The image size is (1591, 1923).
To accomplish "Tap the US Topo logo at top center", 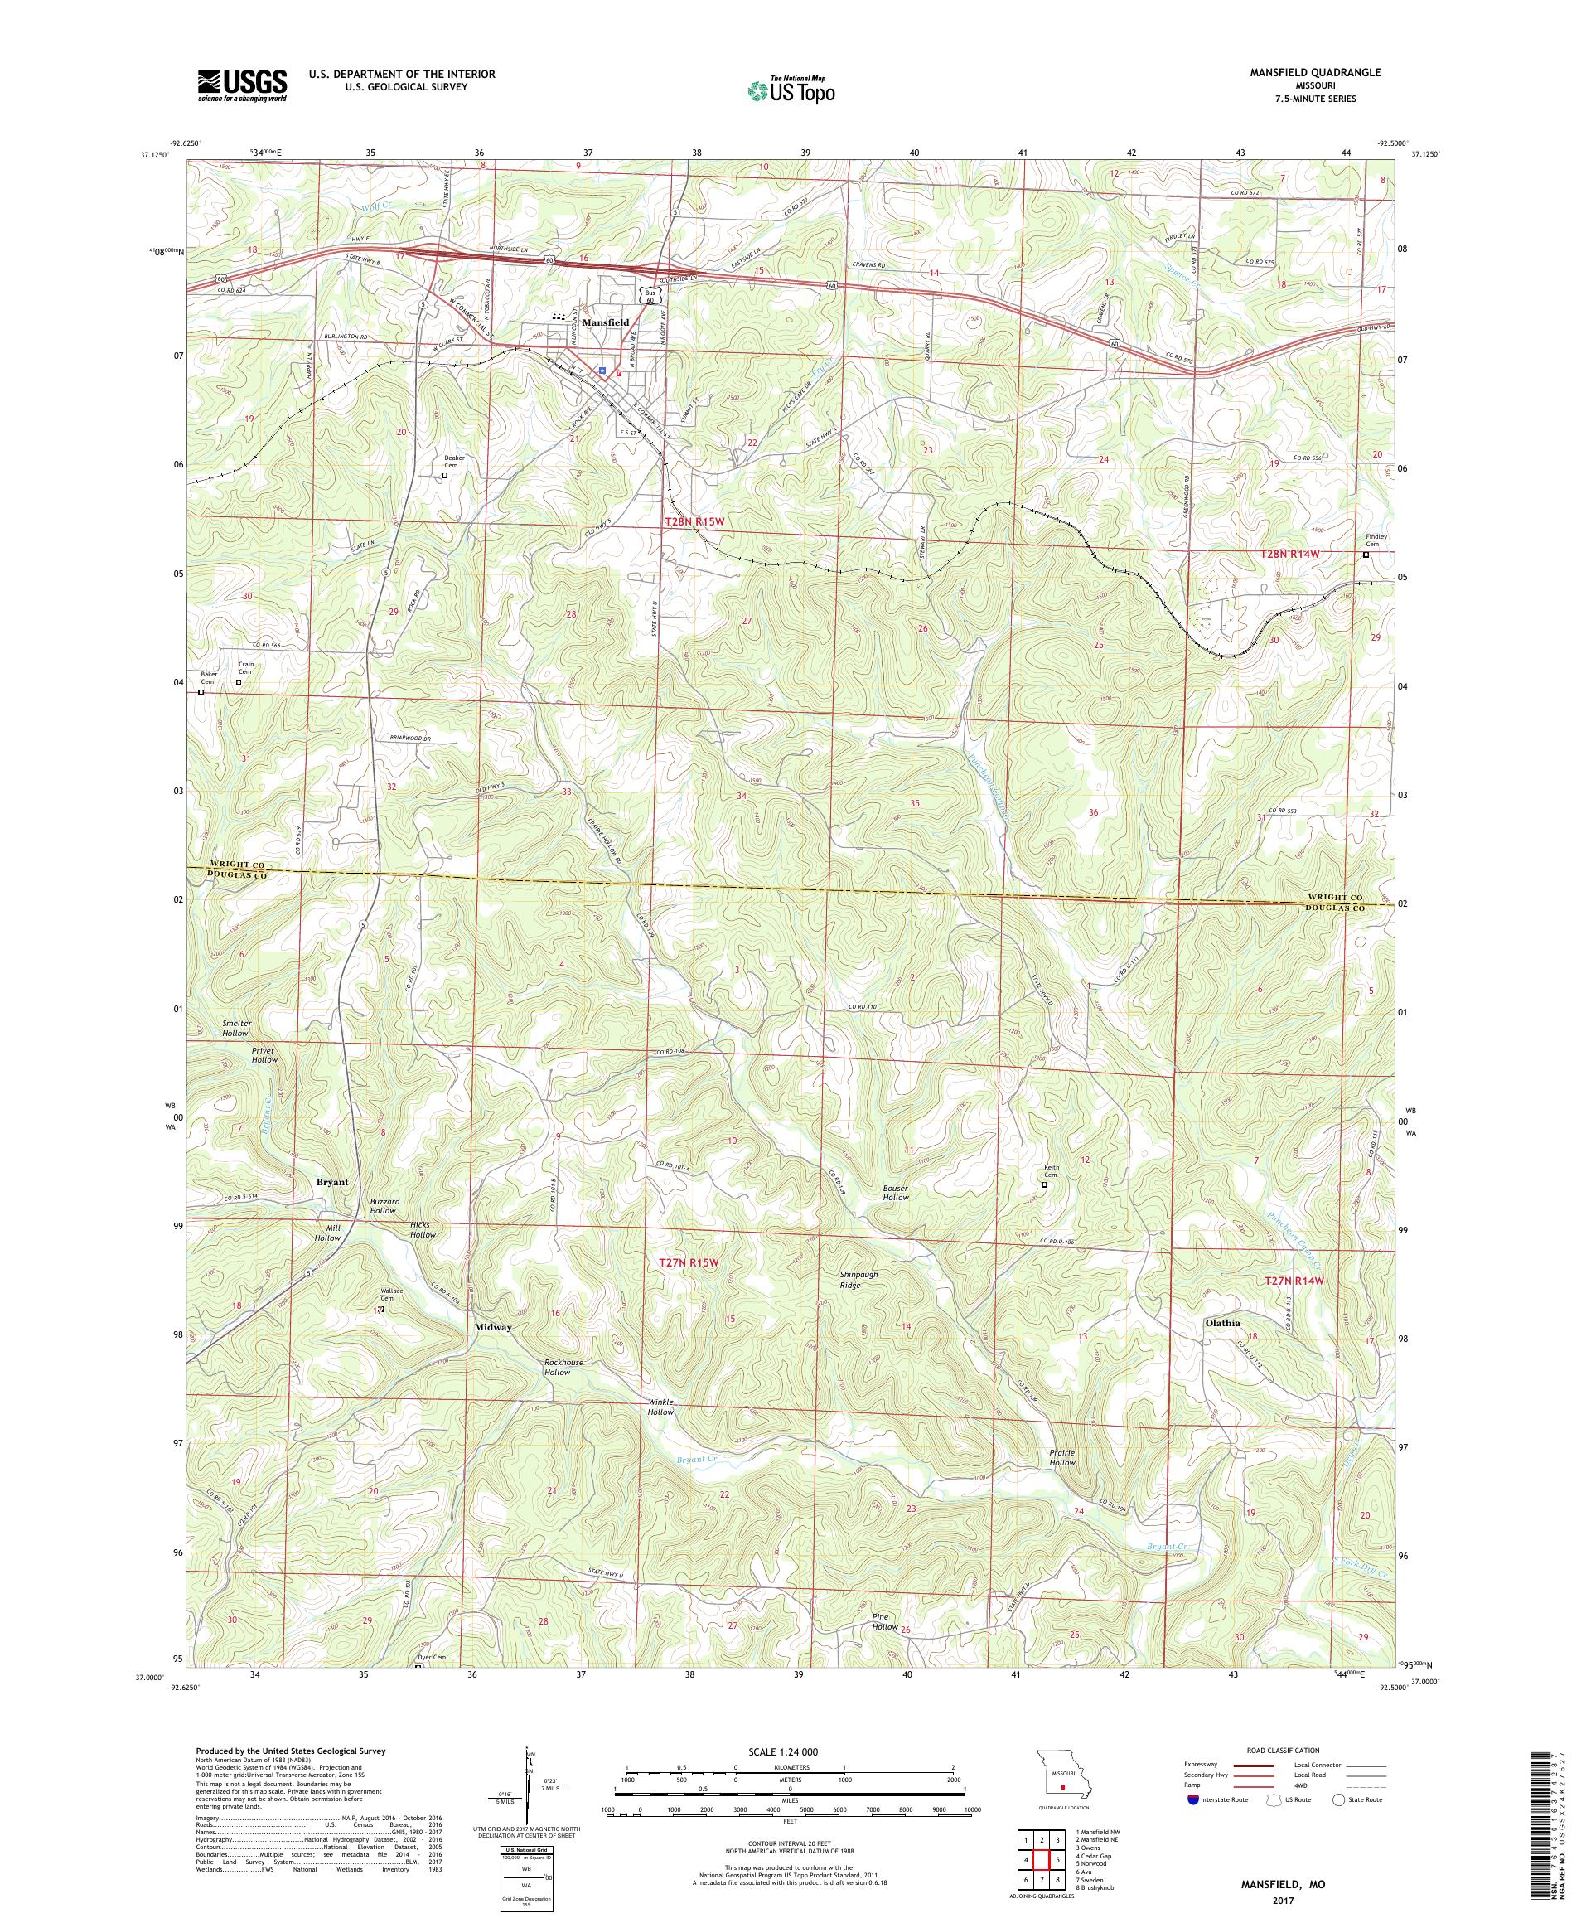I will click(792, 89).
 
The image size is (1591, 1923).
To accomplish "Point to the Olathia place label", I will click(1222, 1322).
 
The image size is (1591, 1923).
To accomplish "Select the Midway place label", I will click(492, 1326).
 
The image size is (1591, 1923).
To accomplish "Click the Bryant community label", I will click(332, 1181).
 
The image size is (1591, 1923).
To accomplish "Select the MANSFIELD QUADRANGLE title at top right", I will click(1319, 71).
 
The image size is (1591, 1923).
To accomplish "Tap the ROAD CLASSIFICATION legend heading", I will click(1275, 1749).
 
